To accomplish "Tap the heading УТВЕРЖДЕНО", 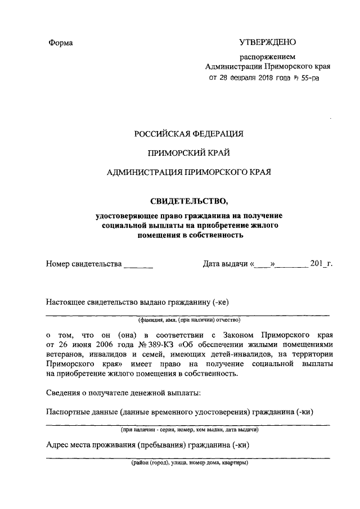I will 267,42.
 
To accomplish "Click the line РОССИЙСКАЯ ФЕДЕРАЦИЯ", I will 188,134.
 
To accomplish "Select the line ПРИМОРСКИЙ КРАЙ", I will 188,153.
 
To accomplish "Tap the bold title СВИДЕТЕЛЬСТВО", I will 188,200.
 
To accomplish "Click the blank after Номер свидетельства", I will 138,263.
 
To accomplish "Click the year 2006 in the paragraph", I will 100,344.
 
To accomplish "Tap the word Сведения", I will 64,391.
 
